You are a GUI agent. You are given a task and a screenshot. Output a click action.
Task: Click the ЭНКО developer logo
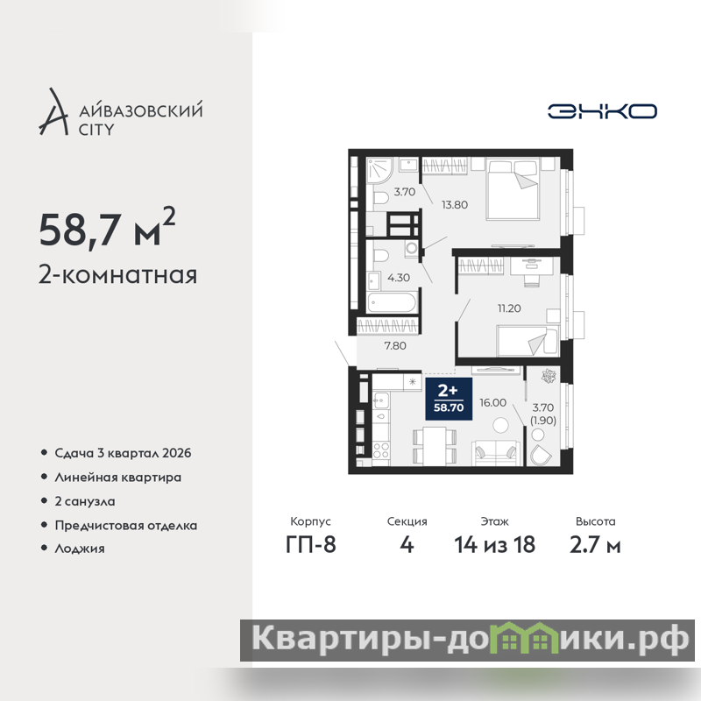point(602,111)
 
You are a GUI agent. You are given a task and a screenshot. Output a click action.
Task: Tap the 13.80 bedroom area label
point(455,205)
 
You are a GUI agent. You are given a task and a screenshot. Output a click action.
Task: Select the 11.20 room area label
point(509,308)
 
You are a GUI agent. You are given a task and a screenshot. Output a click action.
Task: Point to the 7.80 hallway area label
point(395,345)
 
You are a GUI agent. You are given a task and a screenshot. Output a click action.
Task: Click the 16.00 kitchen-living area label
point(492,402)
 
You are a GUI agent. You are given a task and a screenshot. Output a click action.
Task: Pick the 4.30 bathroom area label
point(399,278)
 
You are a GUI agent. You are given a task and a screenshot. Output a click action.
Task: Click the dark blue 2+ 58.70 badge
point(449,399)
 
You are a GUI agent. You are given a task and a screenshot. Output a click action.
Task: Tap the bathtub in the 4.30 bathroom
point(393,302)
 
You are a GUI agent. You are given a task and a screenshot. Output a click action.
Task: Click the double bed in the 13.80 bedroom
point(512,189)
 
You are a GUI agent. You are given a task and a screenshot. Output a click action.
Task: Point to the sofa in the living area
point(496,453)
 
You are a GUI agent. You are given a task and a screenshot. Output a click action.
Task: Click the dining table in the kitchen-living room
point(435,446)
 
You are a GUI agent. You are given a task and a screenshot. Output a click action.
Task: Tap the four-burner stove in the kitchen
point(380,450)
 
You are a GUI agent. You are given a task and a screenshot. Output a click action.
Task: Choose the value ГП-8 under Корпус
point(311,544)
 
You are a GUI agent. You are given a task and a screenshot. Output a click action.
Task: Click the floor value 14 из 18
point(495,544)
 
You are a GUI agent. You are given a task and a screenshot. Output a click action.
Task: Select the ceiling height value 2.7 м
point(595,544)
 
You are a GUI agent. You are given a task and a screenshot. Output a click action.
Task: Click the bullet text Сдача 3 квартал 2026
point(123,453)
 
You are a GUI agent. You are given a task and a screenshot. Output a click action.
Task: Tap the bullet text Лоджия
point(80,549)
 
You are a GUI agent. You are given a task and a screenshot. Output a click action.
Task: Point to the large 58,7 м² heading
point(107,228)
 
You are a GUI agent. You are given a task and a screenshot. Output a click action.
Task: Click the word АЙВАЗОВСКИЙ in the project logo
point(141,110)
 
